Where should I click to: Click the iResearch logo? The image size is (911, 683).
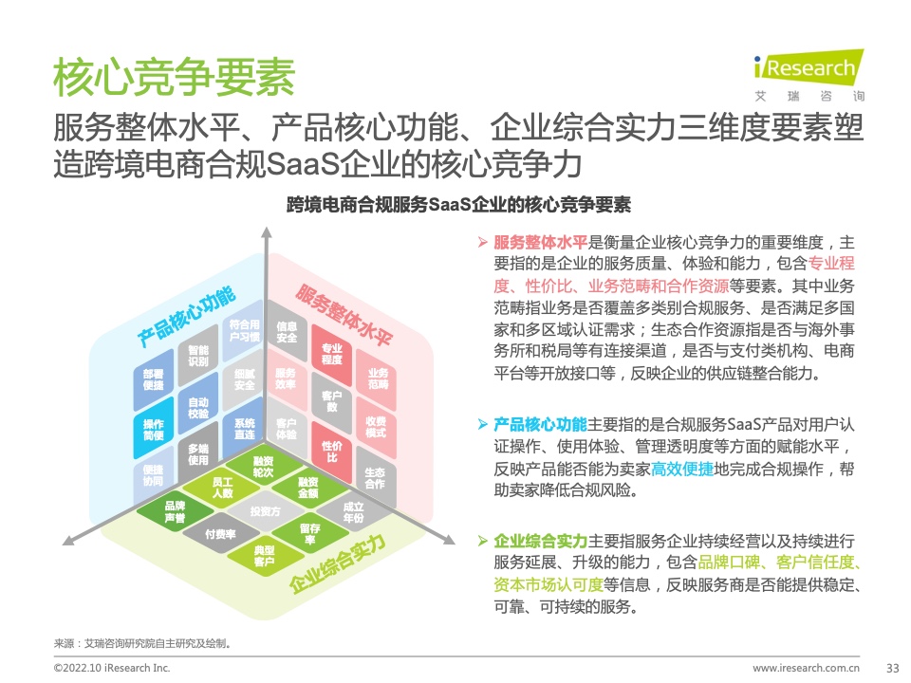point(809,74)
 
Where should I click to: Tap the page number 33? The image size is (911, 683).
point(892,668)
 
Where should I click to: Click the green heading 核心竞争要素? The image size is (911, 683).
point(175,77)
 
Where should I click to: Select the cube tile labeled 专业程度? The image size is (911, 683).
point(332,354)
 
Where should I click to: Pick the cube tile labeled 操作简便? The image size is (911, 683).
point(154,430)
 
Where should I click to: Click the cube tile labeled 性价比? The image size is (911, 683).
point(332,452)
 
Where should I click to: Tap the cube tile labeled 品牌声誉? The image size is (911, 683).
point(175,511)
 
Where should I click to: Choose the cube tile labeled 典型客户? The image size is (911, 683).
point(265,556)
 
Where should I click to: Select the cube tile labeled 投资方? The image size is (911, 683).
point(265,511)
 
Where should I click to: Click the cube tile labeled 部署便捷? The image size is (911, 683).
point(154,379)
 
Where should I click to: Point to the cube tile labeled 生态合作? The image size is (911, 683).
point(376,477)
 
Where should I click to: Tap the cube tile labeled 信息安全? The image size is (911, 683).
point(287,332)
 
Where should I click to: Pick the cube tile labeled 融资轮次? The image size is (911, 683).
point(263,467)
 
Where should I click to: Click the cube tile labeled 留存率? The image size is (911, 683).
point(309,533)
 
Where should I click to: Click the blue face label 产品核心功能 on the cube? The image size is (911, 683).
point(187,316)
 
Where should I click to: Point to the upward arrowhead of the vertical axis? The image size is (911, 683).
point(266,232)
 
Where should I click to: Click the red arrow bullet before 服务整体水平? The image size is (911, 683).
point(482,242)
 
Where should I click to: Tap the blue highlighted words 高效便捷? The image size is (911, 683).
point(682,469)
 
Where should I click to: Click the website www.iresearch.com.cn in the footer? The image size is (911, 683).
point(806,668)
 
